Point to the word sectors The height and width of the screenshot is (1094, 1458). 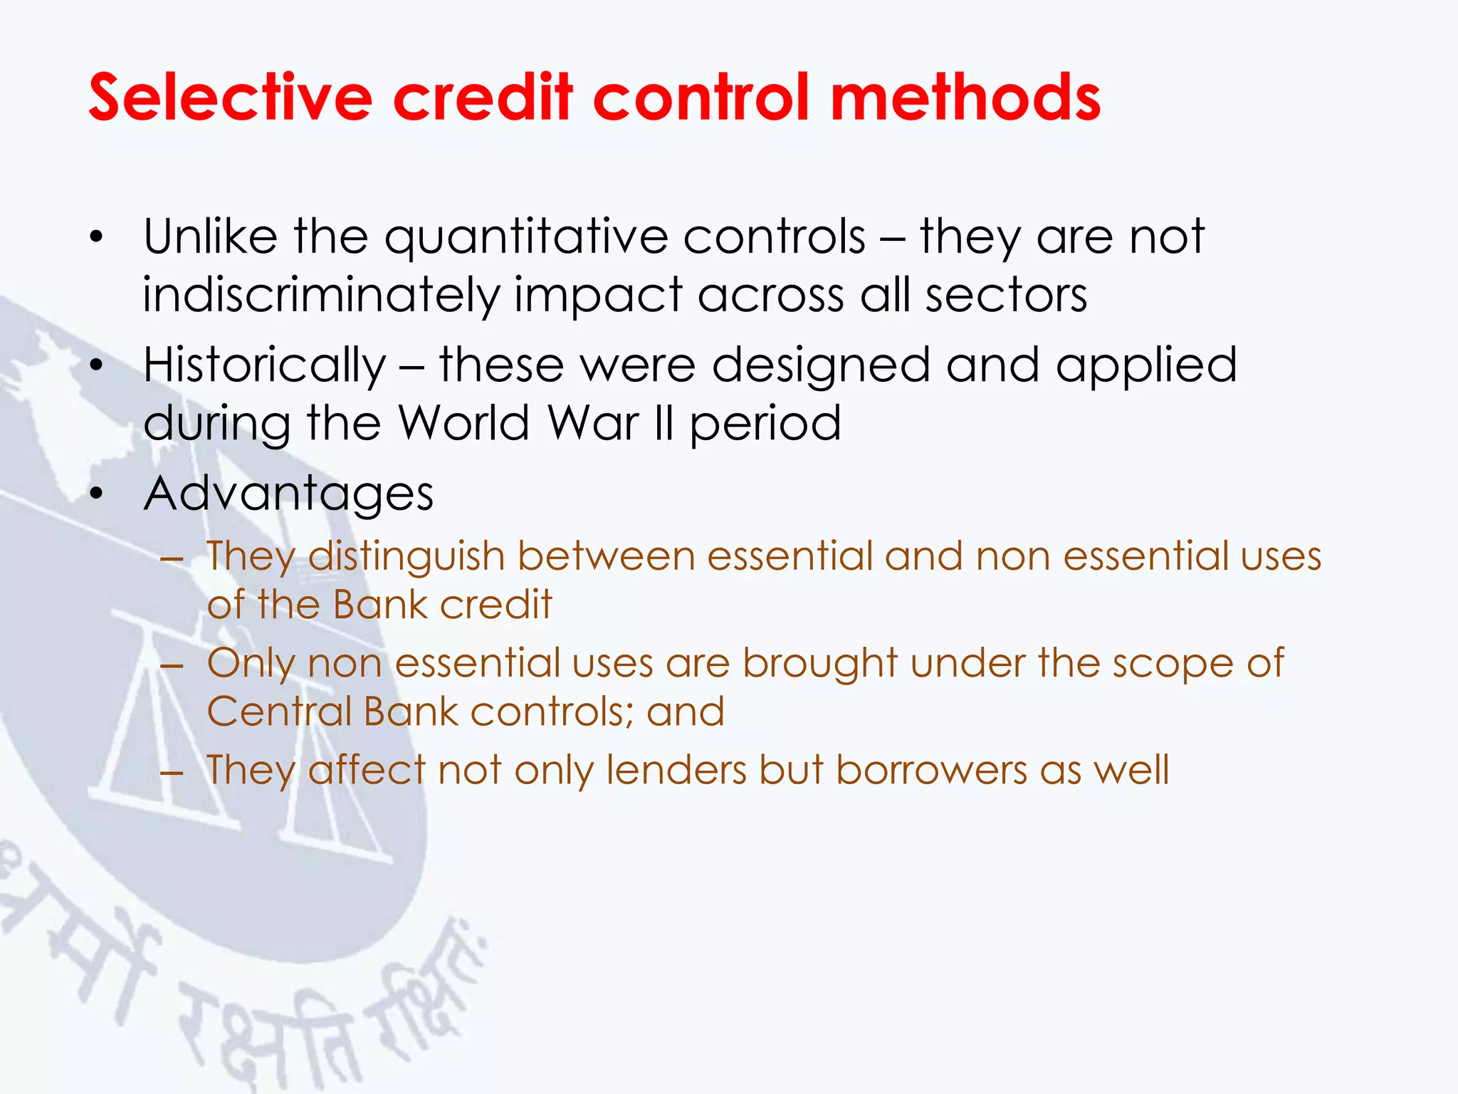tap(1005, 295)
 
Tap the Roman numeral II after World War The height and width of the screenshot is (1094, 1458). tap(664, 423)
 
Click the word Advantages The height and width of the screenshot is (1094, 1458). tap(288, 494)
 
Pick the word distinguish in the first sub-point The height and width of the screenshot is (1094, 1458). tap(406, 557)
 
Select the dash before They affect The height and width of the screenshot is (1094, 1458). tap(172, 772)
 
